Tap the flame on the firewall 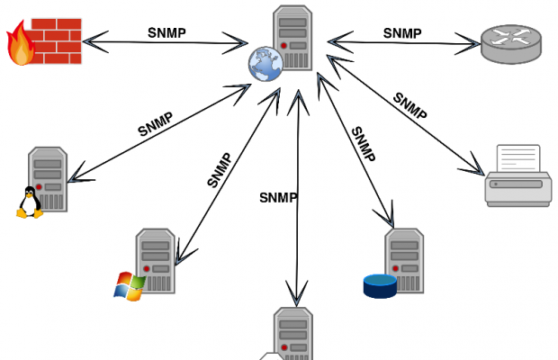20,46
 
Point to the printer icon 518,177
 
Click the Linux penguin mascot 30,202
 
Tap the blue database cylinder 380,285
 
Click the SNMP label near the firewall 167,33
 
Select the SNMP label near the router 402,33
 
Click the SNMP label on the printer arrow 409,105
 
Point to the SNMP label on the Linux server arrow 155,124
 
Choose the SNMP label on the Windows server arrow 220,169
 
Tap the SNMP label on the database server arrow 363,144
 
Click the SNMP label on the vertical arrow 278,197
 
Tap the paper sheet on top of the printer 518,159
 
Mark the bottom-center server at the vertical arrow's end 292,334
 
